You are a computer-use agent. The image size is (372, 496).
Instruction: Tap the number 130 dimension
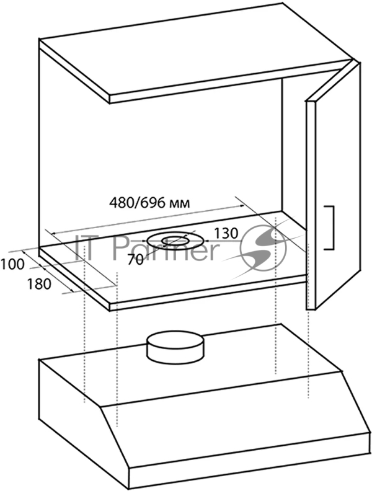tap(225, 233)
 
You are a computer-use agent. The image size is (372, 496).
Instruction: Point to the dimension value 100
tap(12, 265)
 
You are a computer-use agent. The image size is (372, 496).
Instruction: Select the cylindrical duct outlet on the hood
tap(174, 347)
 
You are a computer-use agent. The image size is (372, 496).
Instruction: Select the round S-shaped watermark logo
tap(263, 248)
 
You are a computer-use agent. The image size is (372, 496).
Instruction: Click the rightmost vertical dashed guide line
tap(308, 347)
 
